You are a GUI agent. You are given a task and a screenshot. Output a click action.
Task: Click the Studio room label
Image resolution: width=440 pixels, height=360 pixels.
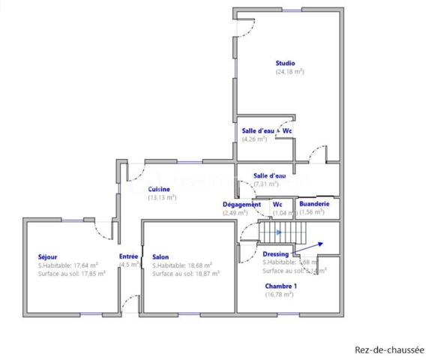coord(285,64)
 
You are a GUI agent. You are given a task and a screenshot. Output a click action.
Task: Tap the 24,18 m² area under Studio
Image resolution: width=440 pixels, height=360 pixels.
coord(290,72)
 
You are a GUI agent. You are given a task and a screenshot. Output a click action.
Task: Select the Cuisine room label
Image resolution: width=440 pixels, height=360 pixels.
coord(158,189)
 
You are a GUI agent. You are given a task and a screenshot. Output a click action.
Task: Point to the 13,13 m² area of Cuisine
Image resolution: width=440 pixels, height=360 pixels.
coord(162,197)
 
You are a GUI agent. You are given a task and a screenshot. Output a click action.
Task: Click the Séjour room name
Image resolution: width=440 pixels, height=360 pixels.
coord(48,256)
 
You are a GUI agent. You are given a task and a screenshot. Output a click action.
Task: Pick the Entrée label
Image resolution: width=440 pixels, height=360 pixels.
coord(129,256)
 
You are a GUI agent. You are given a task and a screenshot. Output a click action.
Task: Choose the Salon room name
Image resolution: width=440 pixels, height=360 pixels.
coord(160,256)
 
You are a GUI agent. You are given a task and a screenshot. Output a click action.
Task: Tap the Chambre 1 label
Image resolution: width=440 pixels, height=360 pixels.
coord(280,286)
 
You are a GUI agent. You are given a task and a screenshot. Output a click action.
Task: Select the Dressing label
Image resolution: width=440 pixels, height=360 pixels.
coord(276,254)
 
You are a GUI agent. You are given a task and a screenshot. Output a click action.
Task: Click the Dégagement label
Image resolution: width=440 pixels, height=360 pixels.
coord(241,204)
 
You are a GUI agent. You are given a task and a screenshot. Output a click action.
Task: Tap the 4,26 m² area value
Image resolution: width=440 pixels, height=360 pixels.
coord(254,139)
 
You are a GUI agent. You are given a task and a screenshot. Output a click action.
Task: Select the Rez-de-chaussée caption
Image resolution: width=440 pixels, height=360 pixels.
coord(389,349)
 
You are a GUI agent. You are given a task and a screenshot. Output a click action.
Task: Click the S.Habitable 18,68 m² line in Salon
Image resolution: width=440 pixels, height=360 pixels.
coord(181,265)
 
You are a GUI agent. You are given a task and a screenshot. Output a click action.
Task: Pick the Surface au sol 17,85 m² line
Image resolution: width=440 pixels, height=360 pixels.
coord(72,274)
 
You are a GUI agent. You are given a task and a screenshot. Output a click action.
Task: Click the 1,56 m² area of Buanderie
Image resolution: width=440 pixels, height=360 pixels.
coord(312,212)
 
